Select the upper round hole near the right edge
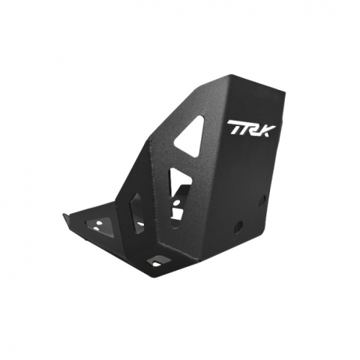click(x=262, y=199)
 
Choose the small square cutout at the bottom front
click(x=158, y=260)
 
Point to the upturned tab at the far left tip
click(x=66, y=217)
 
